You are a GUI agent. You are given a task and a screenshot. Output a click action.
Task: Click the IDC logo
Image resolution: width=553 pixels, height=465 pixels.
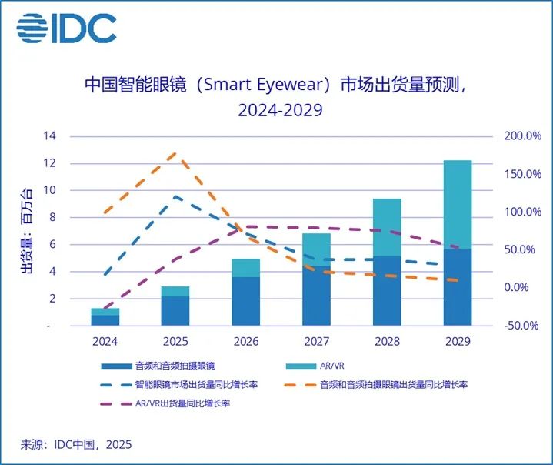pyautogui.click(x=67, y=28)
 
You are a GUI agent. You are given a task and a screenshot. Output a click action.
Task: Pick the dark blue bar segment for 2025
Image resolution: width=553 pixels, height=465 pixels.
pyautogui.click(x=175, y=310)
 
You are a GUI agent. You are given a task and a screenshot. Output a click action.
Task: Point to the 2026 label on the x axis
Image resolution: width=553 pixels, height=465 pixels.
pyautogui.click(x=245, y=340)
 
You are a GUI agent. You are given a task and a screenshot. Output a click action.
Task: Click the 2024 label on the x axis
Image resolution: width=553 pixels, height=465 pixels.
pyautogui.click(x=105, y=340)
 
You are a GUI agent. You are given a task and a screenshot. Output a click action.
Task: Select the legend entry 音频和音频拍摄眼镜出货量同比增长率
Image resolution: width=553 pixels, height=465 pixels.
pyautogui.click(x=403, y=383)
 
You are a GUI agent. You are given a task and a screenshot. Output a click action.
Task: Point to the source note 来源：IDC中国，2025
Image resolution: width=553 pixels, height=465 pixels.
pyautogui.click(x=76, y=444)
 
